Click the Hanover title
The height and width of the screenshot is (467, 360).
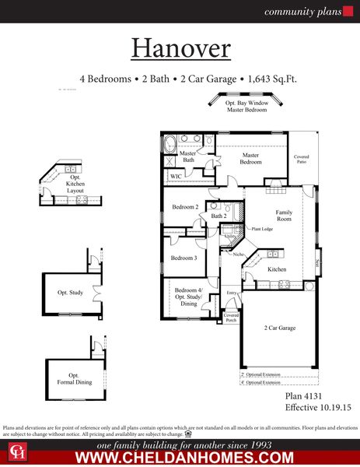tap(180, 48)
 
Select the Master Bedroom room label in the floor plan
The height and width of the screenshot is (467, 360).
tap(250, 158)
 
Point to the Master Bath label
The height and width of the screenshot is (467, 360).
tap(188, 156)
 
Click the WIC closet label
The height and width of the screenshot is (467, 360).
tap(177, 177)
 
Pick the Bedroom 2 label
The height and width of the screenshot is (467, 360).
tap(185, 206)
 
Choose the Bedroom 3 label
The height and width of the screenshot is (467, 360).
tap(184, 258)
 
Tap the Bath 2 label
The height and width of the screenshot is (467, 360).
tap(218, 216)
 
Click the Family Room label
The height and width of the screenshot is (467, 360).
tap(284, 216)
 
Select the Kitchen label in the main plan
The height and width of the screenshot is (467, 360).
tap(278, 269)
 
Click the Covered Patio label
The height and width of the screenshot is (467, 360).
tap(301, 160)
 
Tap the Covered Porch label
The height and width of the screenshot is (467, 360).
tap(231, 317)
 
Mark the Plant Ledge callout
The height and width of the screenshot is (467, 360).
tap(260, 229)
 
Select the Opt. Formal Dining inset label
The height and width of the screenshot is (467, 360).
tap(74, 378)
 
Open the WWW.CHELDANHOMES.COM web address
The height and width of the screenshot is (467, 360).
tap(183, 458)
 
